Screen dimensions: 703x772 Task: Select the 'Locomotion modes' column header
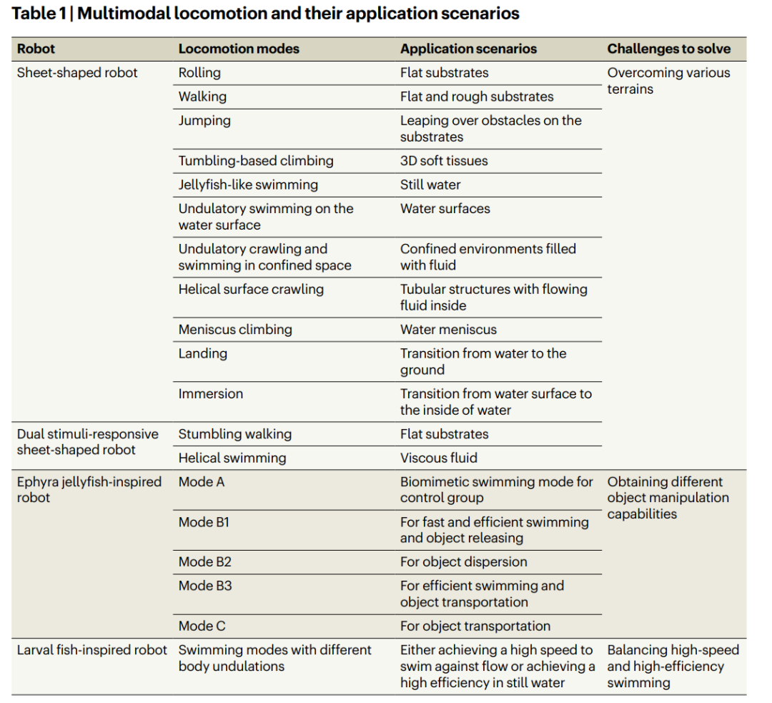(x=239, y=49)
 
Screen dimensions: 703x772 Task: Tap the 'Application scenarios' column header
(x=468, y=49)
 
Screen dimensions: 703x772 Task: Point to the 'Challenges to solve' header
(x=668, y=49)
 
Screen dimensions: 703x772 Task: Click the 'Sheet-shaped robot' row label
(x=77, y=73)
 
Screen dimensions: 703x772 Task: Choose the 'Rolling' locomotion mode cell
(x=199, y=73)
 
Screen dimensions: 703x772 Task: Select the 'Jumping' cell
(x=204, y=121)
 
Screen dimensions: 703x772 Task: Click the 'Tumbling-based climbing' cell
(x=256, y=161)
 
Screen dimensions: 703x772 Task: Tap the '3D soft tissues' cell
(x=444, y=161)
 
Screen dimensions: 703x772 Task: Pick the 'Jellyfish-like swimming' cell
(x=248, y=185)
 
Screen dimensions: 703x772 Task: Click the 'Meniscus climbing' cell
(x=235, y=330)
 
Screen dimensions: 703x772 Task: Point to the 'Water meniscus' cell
(x=448, y=330)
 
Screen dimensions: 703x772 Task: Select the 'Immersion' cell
(x=211, y=394)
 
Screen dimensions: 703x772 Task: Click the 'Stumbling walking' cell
(x=234, y=434)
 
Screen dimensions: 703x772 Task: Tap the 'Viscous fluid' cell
(x=439, y=458)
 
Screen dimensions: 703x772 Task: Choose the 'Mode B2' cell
(x=205, y=562)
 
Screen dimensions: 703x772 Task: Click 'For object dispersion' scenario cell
(x=464, y=562)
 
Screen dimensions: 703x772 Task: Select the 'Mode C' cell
(x=202, y=626)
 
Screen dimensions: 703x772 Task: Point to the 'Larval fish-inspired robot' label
(x=92, y=650)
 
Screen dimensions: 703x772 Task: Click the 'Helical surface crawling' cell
(x=251, y=290)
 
